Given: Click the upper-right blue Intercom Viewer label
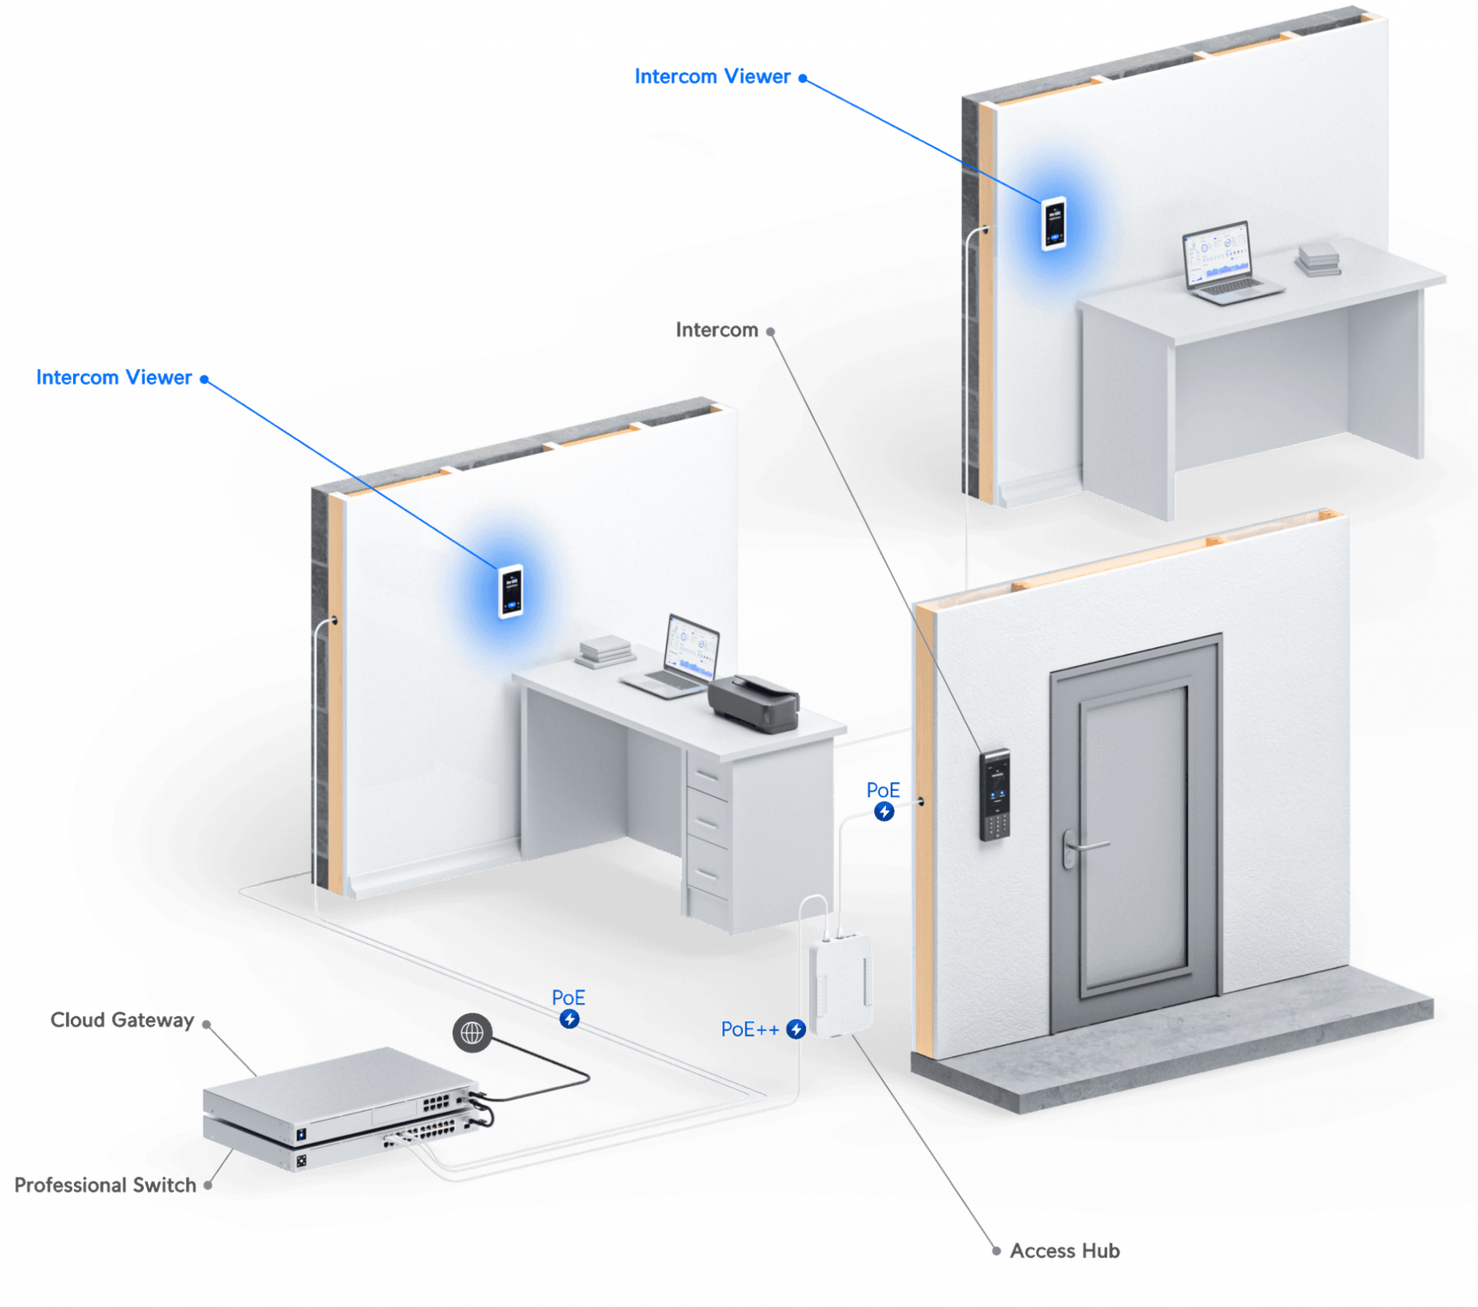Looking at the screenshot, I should tap(712, 76).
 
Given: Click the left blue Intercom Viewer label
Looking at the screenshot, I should tap(114, 377).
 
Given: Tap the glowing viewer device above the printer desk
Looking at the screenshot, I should tap(510, 591).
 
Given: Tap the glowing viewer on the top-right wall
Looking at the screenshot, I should tap(1053, 224).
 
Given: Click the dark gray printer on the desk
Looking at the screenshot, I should tap(754, 701).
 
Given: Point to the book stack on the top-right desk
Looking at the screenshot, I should tap(1318, 259).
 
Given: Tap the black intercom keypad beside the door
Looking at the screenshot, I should tap(995, 795).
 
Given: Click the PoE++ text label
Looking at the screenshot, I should tap(749, 1029).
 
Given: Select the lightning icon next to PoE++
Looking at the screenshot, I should tap(796, 1029).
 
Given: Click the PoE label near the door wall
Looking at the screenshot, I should tap(883, 791).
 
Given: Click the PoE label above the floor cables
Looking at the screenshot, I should tap(568, 998).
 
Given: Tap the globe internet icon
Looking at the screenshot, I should tap(472, 1033).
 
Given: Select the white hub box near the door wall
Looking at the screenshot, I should tap(840, 986).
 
